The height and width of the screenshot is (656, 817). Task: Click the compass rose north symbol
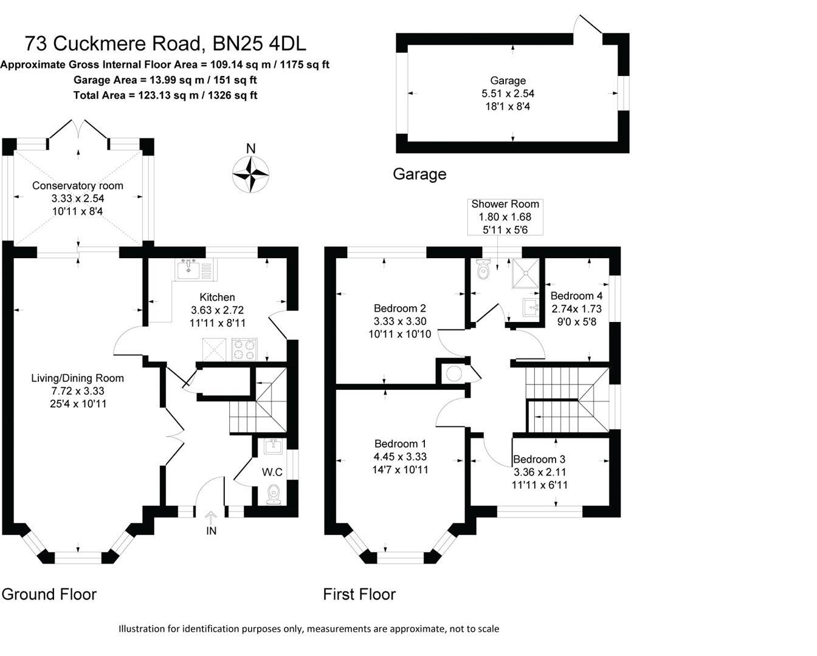tap(250, 174)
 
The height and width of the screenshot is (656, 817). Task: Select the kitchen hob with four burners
tap(244, 350)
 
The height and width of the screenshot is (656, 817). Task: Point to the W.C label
tap(272, 472)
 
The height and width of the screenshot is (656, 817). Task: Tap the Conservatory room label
tap(78, 186)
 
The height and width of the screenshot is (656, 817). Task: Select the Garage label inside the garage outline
tap(508, 80)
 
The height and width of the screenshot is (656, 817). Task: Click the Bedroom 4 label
tap(576, 296)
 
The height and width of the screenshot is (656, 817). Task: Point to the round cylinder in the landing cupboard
tap(453, 373)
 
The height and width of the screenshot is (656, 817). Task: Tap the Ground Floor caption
tap(49, 594)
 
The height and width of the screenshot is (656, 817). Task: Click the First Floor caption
tap(359, 594)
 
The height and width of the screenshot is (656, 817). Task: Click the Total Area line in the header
tap(165, 95)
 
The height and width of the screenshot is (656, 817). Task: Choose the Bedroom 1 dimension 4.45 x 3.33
tap(400, 457)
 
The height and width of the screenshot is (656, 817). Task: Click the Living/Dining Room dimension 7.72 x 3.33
tap(77, 391)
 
